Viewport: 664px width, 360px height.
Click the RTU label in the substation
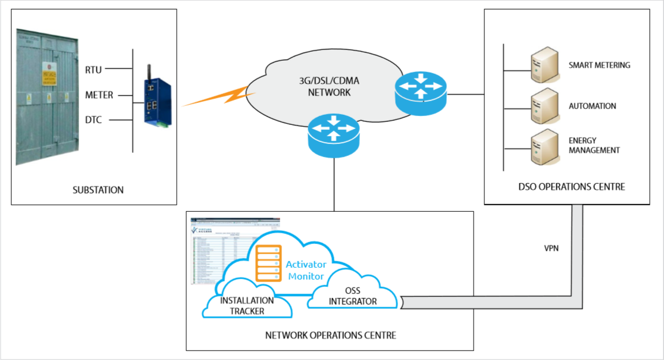pyautogui.click(x=94, y=70)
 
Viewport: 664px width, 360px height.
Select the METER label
pyautogui.click(x=99, y=95)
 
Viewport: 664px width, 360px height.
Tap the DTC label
pyautogui.click(x=93, y=120)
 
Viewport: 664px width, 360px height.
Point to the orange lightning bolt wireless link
pyautogui.click(x=214, y=97)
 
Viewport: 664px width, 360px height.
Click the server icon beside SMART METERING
pyautogui.click(x=543, y=65)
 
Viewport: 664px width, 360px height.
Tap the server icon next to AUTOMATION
pyautogui.click(x=543, y=107)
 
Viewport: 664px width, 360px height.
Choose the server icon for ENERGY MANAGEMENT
pyautogui.click(x=543, y=146)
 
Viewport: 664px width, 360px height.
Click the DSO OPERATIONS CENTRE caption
pyautogui.click(x=572, y=187)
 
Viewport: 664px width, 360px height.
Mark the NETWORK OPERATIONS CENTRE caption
pyautogui.click(x=330, y=336)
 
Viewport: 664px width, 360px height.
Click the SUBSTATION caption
pyautogui.click(x=99, y=190)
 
